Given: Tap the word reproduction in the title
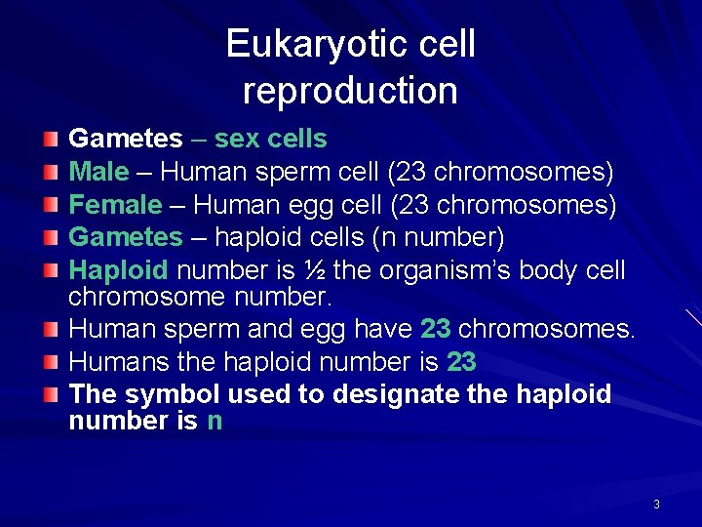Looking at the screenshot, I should [x=350, y=91].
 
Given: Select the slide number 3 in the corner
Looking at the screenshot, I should [x=656, y=505].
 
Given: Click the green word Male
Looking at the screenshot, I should [x=98, y=173].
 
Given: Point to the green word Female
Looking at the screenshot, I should [x=115, y=205].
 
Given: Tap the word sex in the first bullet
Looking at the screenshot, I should [x=234, y=140].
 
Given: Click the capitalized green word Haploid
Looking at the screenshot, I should [x=119, y=270].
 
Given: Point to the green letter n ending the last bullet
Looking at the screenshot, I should [x=214, y=422].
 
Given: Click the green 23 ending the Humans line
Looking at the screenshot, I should [x=461, y=362].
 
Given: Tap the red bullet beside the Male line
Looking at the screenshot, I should [x=52, y=174].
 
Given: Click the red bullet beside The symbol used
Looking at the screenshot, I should [x=52, y=396].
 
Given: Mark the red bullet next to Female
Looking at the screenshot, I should [x=52, y=206].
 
